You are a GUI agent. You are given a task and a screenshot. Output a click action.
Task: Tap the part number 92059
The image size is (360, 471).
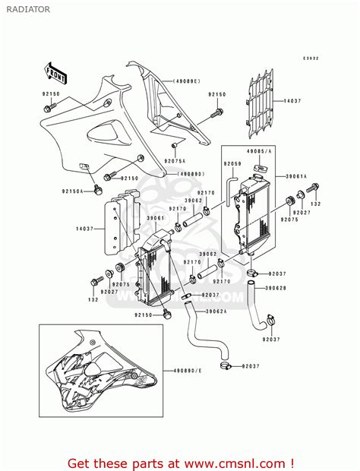click(x=232, y=163)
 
